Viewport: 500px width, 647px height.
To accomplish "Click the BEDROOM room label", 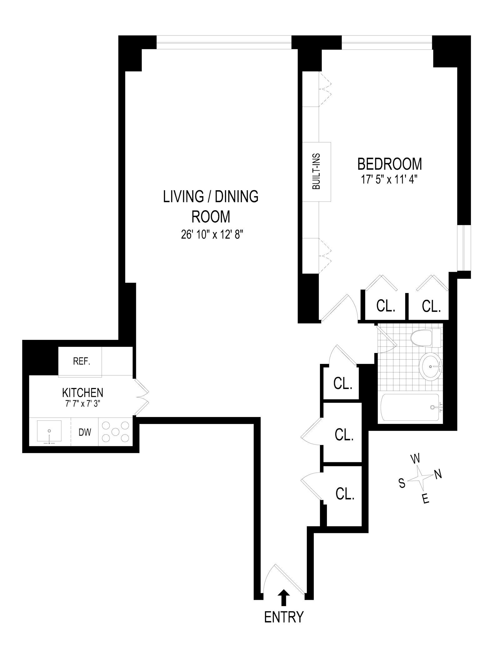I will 389,164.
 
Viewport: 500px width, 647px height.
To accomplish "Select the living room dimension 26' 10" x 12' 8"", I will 212,235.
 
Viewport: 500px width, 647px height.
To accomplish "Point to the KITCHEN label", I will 82,392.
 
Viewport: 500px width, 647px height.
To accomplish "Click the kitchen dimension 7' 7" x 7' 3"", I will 82,404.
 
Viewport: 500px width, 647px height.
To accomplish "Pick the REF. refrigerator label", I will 82,361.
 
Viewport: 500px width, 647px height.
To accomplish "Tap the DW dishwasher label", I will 85,432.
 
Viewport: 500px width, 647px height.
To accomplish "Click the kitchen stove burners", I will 116,432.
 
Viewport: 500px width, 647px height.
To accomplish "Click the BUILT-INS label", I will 316,172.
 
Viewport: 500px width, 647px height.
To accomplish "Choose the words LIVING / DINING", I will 211,197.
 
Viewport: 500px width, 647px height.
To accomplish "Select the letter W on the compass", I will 415,459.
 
